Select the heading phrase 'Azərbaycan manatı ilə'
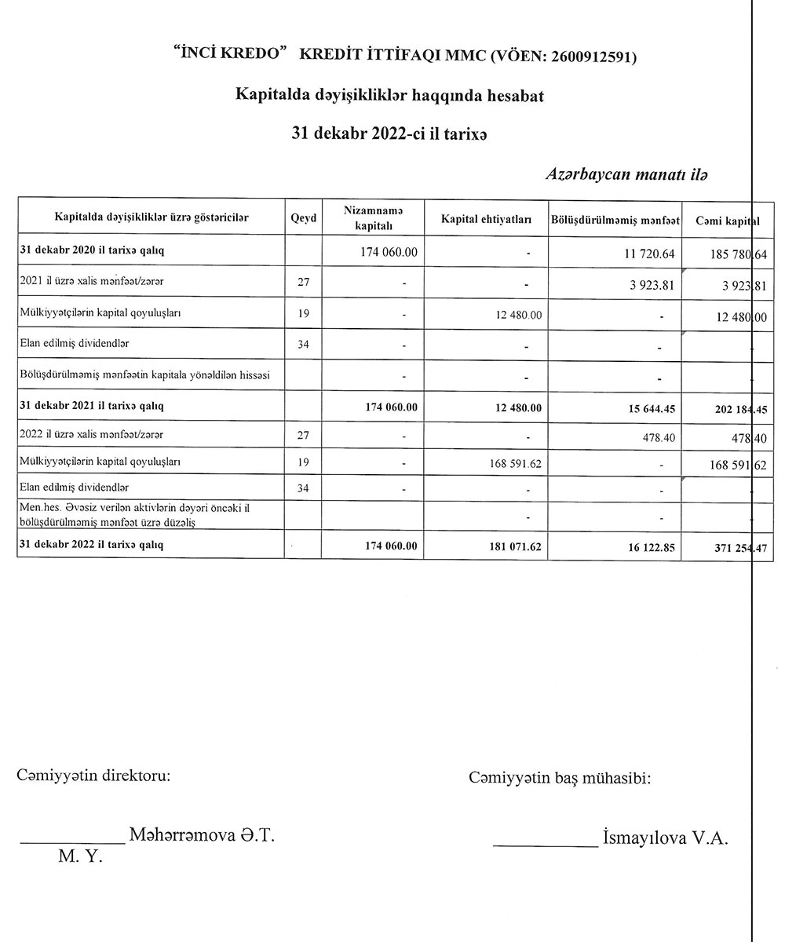click(x=627, y=175)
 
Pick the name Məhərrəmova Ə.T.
click(x=202, y=835)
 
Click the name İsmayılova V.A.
click(x=664, y=838)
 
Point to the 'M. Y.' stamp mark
click(x=80, y=857)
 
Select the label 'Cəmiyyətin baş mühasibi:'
click(x=560, y=778)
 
